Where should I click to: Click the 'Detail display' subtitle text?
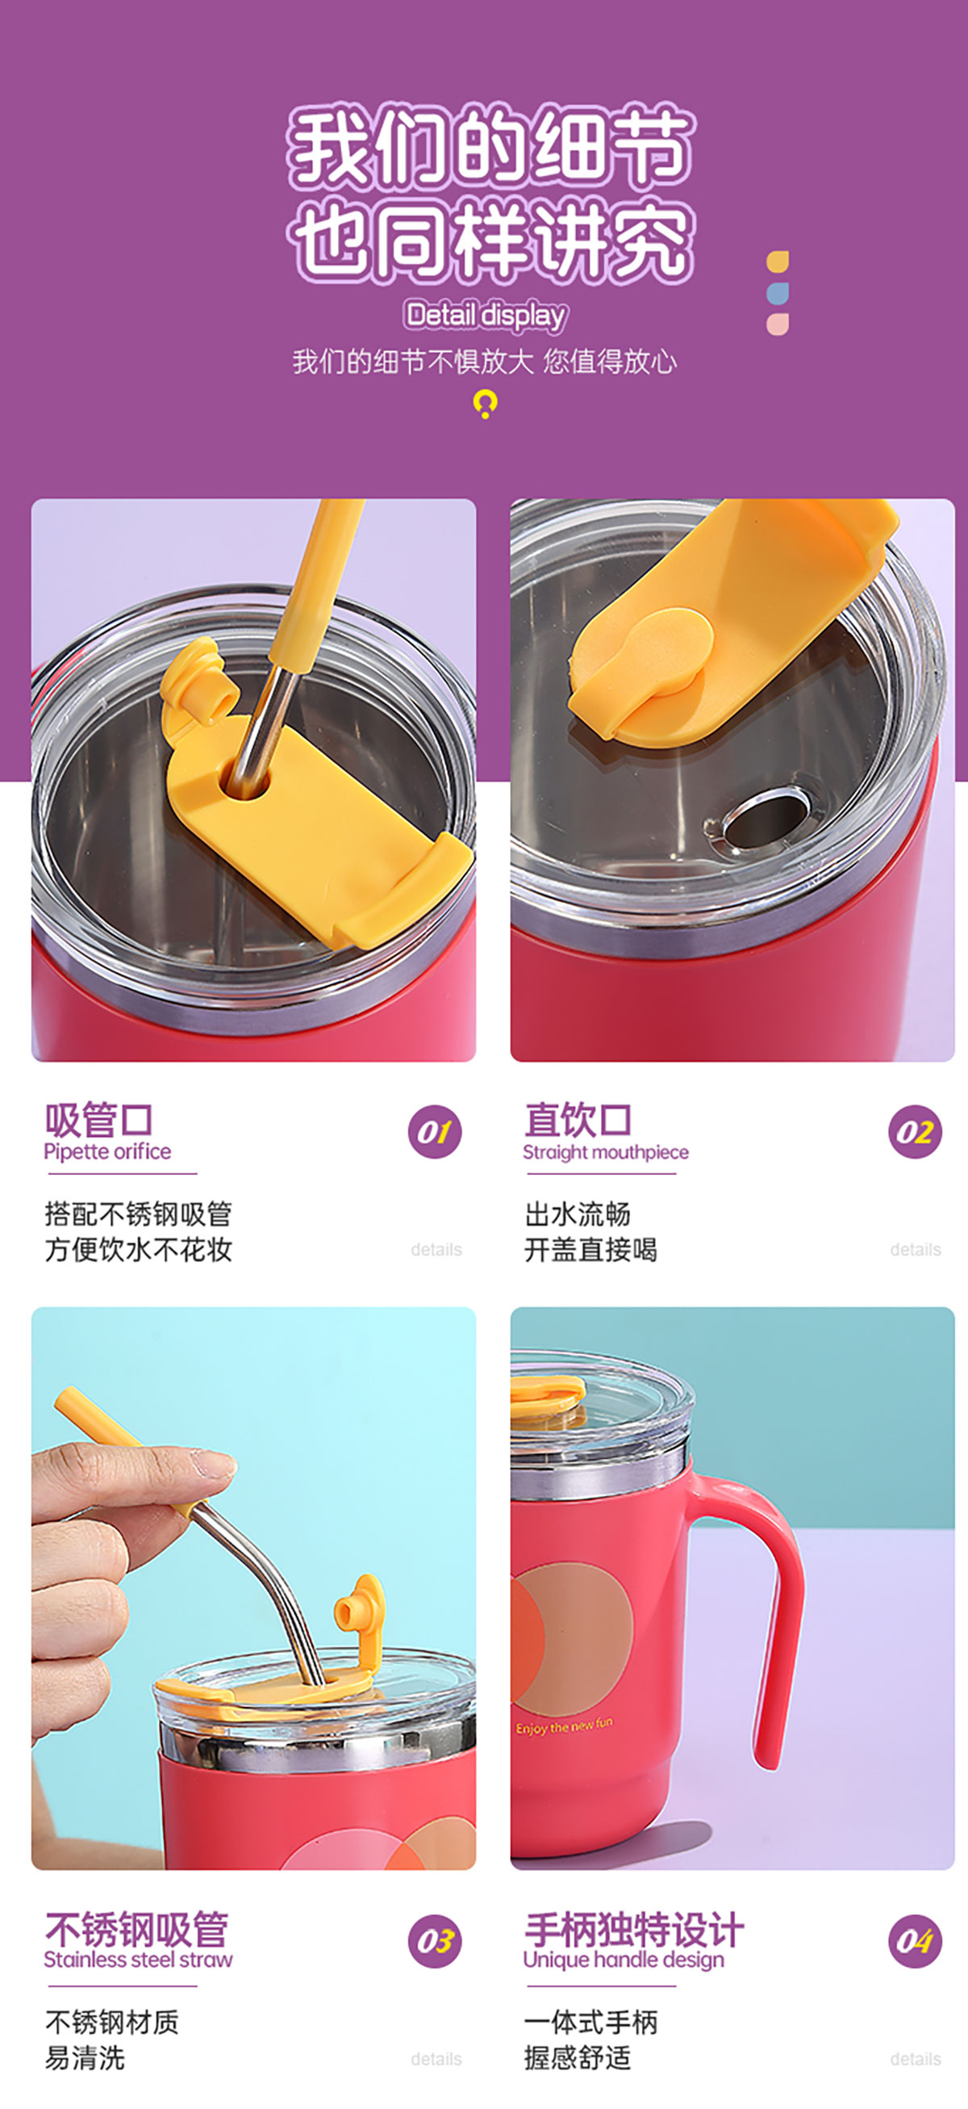click(x=486, y=315)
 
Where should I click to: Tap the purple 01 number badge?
click(x=435, y=1131)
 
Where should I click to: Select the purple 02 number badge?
click(x=915, y=1131)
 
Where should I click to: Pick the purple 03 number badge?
click(x=435, y=1940)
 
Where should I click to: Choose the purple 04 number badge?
click(x=915, y=1940)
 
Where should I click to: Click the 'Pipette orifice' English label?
click(x=107, y=1152)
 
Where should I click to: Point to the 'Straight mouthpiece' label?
click(x=606, y=1152)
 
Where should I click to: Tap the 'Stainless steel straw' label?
click(x=138, y=1959)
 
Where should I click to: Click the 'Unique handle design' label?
click(x=624, y=1959)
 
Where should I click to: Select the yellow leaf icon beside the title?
click(x=778, y=261)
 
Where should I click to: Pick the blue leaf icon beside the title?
click(x=778, y=292)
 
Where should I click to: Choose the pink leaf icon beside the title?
click(x=778, y=325)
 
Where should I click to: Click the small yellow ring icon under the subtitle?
click(x=486, y=403)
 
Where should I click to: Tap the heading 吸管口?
click(x=99, y=1119)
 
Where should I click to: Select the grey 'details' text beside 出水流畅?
click(x=916, y=1249)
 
